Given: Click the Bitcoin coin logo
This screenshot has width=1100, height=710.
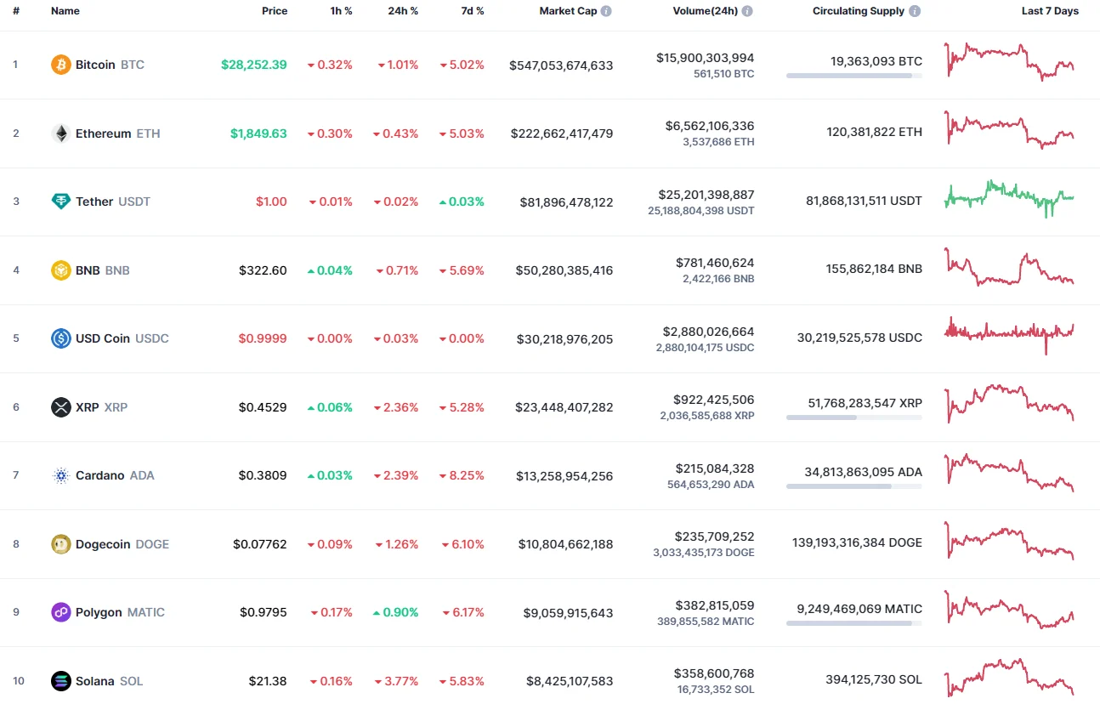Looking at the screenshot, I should (x=61, y=65).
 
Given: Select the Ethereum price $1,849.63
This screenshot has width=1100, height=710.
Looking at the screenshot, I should (x=258, y=133).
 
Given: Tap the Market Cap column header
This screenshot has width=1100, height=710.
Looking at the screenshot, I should (x=568, y=11).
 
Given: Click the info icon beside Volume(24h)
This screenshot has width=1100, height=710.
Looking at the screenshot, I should (x=747, y=12).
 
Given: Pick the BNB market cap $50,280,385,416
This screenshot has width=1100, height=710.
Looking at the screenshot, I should (x=564, y=270).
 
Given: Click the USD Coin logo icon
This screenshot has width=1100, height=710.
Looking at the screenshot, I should (x=61, y=338).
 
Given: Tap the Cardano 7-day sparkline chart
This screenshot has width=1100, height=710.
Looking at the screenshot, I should (x=1009, y=472).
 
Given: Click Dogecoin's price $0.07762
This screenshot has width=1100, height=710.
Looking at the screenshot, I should (x=260, y=544).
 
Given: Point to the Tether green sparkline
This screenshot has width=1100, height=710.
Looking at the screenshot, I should (x=1009, y=198).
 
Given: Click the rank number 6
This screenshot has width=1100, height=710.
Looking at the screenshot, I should (x=16, y=407).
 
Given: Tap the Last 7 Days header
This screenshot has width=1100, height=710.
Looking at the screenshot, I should (x=1050, y=11).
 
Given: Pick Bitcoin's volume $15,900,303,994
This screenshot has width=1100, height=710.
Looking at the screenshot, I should (x=705, y=58).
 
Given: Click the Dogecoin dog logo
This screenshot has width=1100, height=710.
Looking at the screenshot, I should (x=61, y=544).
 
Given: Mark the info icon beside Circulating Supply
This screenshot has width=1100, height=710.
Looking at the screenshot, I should (x=915, y=12).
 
